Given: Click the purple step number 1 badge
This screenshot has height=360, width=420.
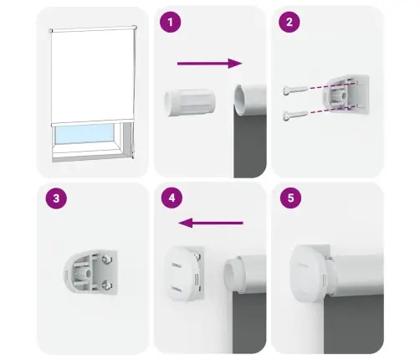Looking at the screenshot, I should (171, 23).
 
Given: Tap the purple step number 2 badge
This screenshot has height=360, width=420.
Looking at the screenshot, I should (289, 23).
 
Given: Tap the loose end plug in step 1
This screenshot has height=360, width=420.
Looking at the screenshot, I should (187, 103).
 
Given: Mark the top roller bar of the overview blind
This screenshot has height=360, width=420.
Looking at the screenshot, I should (93, 29).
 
